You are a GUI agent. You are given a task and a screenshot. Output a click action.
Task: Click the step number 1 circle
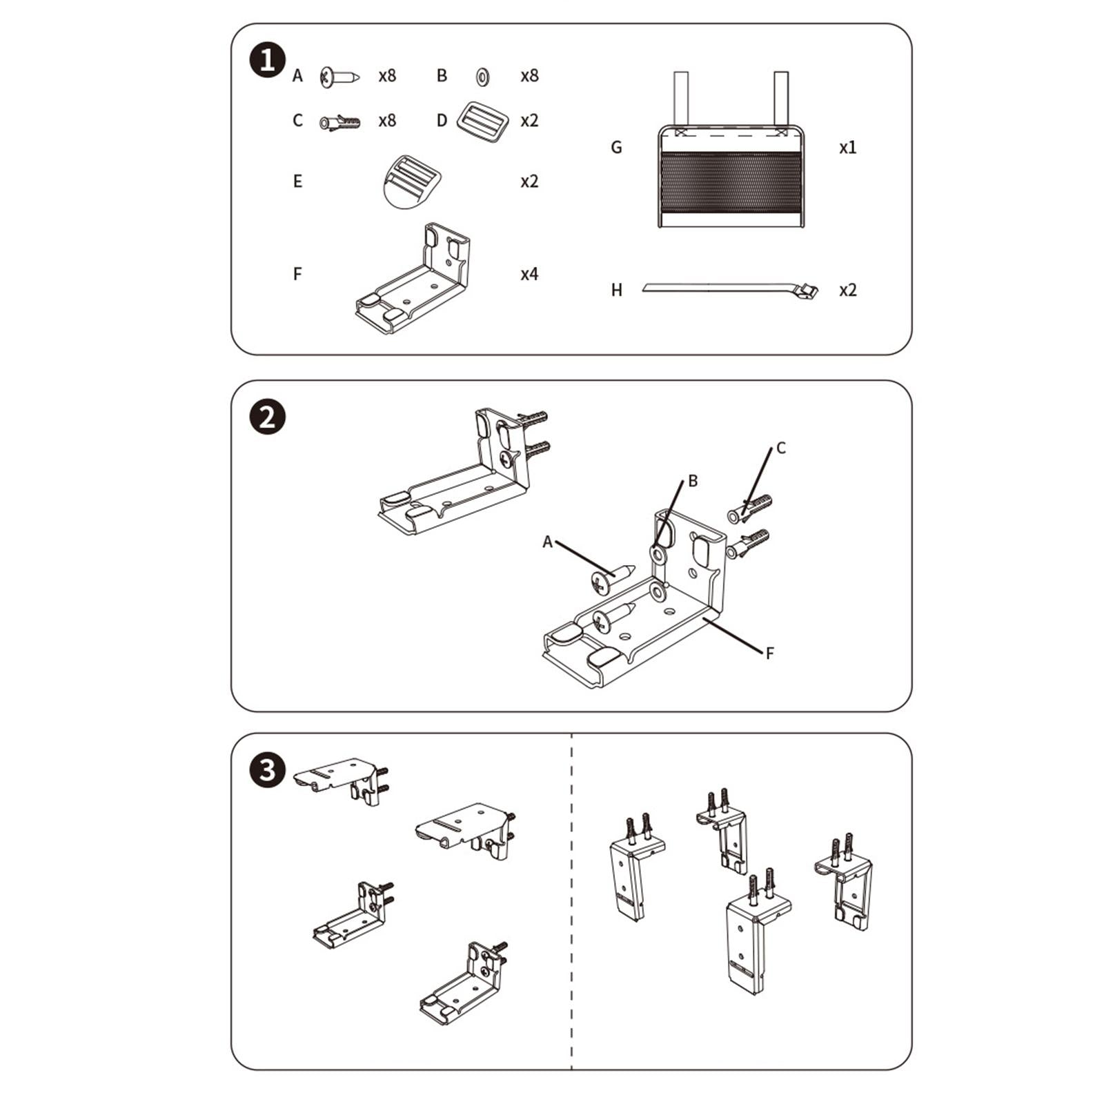click(x=267, y=60)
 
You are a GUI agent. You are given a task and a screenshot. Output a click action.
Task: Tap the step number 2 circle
click(x=267, y=417)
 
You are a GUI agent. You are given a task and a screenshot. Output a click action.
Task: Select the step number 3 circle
click(x=267, y=769)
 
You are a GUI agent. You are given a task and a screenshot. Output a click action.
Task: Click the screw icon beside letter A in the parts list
click(x=339, y=77)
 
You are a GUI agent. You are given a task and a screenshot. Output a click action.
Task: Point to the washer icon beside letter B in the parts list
click(x=482, y=76)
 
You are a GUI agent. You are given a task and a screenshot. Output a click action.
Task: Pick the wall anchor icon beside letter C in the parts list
click(x=339, y=123)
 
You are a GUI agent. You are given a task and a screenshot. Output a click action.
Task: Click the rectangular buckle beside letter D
click(x=482, y=122)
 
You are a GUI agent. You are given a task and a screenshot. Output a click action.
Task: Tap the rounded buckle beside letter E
click(x=413, y=181)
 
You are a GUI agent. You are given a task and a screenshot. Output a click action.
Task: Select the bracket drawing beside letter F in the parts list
click(x=413, y=278)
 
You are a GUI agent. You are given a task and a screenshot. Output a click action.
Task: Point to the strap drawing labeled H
click(x=731, y=288)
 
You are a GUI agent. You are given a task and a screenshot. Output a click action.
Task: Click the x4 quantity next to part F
click(x=529, y=274)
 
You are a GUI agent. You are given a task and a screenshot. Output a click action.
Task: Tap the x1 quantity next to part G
click(x=848, y=147)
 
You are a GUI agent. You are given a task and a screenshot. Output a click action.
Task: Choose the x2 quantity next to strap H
click(x=848, y=290)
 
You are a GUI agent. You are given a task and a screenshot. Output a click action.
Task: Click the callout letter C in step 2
click(x=781, y=448)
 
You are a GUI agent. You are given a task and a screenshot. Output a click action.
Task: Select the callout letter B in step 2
click(x=693, y=481)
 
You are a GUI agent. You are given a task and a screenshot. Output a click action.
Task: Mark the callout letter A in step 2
click(x=547, y=542)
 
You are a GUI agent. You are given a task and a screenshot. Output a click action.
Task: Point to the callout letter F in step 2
click(x=770, y=653)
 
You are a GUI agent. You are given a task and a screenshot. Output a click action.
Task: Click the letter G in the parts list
click(x=617, y=147)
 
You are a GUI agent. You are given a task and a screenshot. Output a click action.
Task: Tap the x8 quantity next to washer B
click(x=529, y=76)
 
